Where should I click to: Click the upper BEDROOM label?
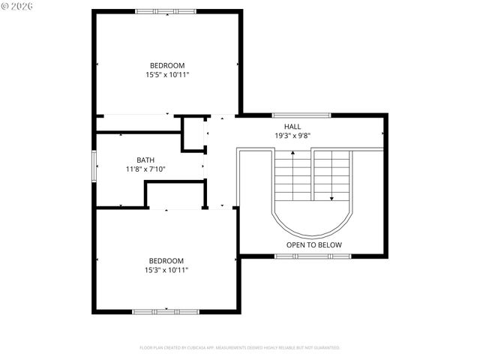[x=166, y=65]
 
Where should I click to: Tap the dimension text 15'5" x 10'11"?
[x=166, y=74]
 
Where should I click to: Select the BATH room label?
[x=145, y=160]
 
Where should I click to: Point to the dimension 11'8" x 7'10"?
[x=145, y=169]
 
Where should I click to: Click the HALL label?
[x=292, y=127]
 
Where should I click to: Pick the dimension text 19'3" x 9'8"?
[x=292, y=136]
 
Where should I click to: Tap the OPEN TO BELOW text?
[x=313, y=245]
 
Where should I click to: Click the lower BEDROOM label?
[x=166, y=260]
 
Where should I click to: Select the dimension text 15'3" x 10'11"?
[x=166, y=269]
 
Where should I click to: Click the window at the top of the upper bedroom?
[x=166, y=11]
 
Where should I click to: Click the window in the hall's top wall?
[x=306, y=115]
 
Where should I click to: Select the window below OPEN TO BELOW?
[x=313, y=256]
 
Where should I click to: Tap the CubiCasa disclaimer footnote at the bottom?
[x=240, y=348]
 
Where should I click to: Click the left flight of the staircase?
[x=292, y=175]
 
